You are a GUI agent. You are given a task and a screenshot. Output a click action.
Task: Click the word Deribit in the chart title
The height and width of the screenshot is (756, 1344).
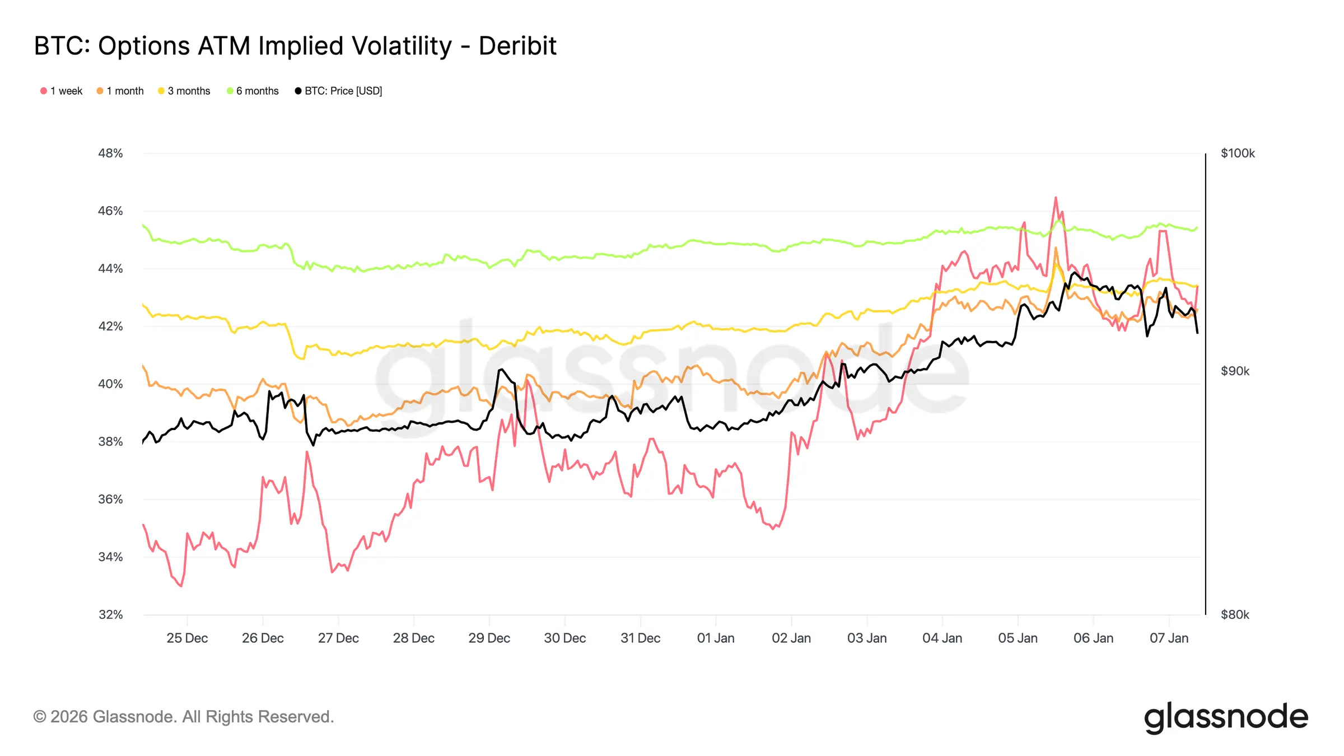(x=517, y=46)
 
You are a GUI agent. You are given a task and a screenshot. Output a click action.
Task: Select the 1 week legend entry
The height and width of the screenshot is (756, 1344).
(x=62, y=91)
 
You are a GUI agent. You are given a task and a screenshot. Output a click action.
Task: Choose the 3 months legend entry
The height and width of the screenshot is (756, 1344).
(x=184, y=91)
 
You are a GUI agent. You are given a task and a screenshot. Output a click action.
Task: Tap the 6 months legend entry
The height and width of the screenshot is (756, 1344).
(x=253, y=91)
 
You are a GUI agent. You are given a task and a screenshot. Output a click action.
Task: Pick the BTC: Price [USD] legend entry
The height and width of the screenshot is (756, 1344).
(x=339, y=91)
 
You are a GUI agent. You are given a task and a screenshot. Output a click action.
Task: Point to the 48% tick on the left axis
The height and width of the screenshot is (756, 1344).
(x=110, y=153)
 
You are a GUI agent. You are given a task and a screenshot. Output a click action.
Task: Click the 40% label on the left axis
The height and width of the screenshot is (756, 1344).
(x=110, y=384)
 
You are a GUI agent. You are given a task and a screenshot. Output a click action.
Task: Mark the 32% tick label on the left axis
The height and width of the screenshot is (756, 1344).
(x=110, y=615)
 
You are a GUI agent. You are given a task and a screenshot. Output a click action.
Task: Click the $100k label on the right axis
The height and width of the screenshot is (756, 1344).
(x=1238, y=153)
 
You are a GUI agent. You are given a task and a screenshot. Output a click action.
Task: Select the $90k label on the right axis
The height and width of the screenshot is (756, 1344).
(x=1235, y=371)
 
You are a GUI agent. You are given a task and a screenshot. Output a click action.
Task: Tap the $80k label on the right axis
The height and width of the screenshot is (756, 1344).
(x=1235, y=615)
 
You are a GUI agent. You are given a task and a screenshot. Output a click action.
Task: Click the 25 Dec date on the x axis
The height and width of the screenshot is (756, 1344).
(x=187, y=638)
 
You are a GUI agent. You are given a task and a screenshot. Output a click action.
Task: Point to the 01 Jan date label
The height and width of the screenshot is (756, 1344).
(x=716, y=638)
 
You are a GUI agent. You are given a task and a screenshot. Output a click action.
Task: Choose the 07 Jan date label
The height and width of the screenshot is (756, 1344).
(x=1169, y=638)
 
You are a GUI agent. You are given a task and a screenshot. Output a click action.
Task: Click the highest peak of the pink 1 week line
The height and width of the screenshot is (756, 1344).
(x=1056, y=198)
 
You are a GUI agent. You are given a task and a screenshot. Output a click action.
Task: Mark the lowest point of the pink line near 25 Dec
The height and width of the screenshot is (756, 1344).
(x=181, y=586)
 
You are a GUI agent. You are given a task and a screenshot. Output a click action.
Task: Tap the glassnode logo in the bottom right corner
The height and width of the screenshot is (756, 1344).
(x=1226, y=717)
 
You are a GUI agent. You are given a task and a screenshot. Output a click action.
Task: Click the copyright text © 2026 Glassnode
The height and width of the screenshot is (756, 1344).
(x=184, y=717)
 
